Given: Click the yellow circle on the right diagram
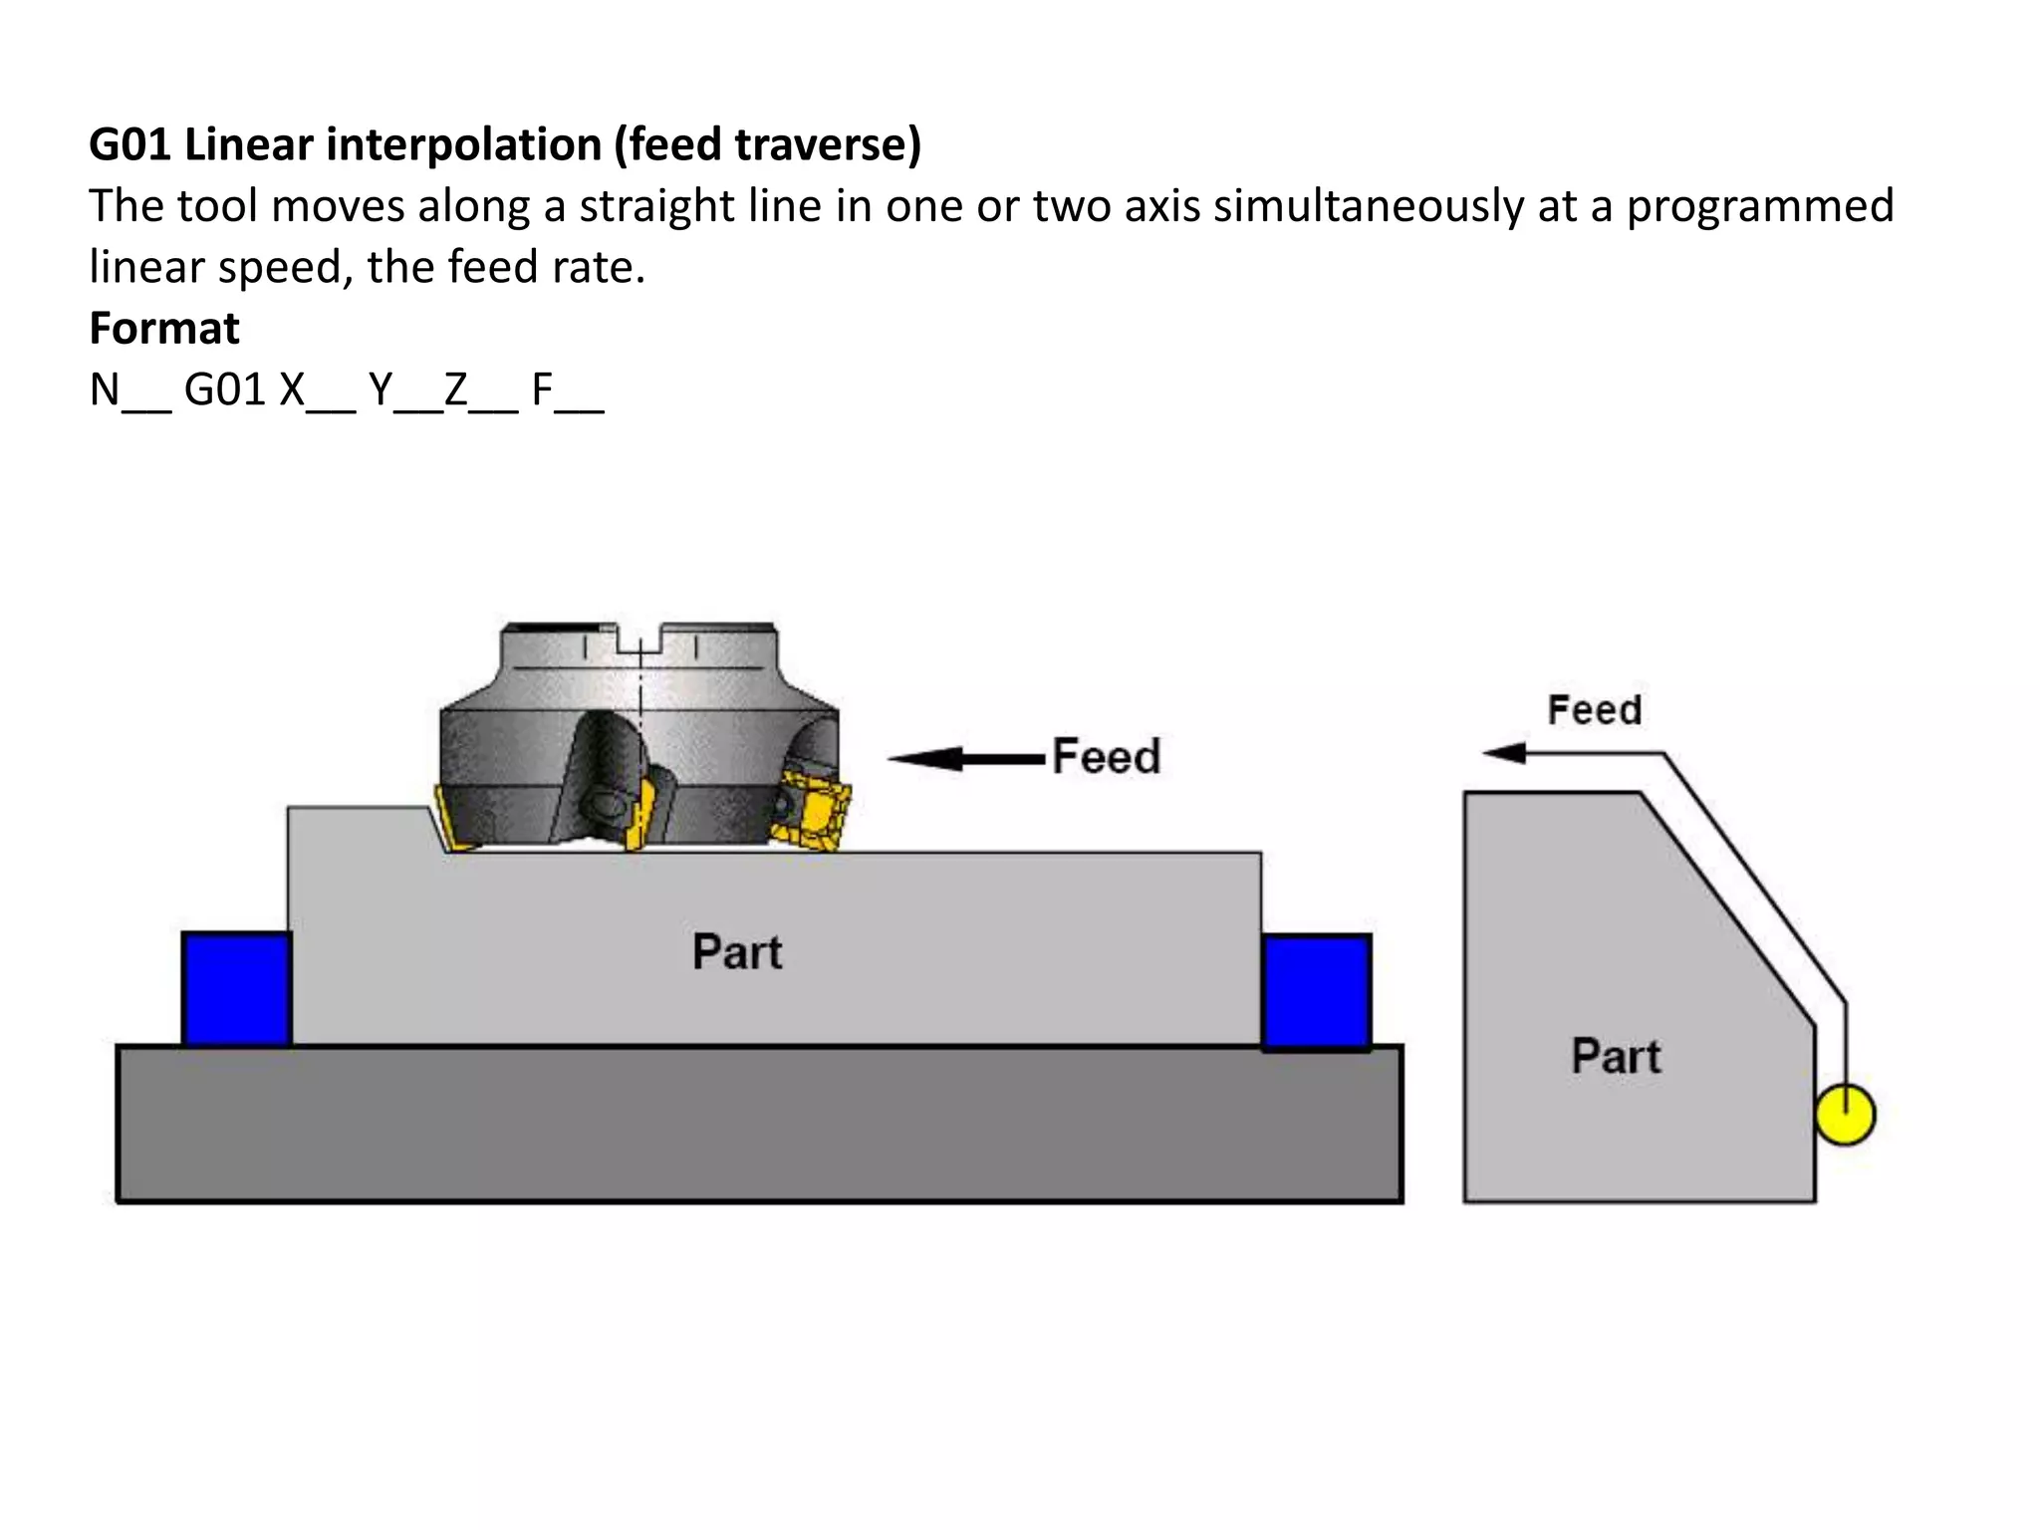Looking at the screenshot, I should coord(1845,1115).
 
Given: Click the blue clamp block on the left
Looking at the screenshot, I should coord(237,989).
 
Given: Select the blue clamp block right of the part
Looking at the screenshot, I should coord(1317,991).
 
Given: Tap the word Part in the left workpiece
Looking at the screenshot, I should coord(737,952).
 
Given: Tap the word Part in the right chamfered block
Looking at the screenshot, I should coord(1616,1057).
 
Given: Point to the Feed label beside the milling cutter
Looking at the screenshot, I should coord(1107,757).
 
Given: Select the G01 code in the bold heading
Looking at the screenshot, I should coord(129,145).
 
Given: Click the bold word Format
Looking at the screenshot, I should coord(164,329).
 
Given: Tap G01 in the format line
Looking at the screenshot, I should coord(225,389).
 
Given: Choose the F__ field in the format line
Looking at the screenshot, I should coord(567,389).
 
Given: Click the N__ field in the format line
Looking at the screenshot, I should coord(129,389).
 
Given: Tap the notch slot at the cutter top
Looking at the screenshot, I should coord(639,639).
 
